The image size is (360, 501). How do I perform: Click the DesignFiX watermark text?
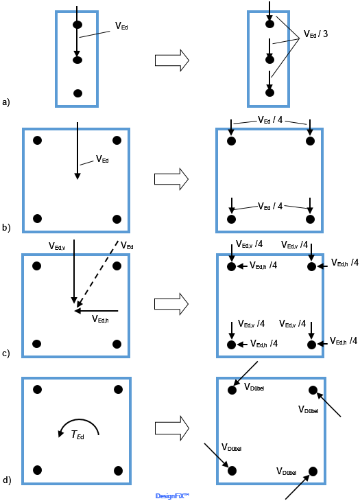172,496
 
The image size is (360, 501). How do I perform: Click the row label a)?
5,102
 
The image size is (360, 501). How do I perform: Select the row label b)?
6,227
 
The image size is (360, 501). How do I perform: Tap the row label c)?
5,353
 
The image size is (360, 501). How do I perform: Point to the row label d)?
6,480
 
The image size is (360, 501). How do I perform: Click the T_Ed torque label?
77,435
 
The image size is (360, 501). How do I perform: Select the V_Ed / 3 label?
315,34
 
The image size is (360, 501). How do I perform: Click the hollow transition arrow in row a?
172,60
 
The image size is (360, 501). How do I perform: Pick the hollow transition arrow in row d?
172,428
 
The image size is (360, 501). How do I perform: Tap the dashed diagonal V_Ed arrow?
97,274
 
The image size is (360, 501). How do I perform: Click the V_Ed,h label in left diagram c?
100,319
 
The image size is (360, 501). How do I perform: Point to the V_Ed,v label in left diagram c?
57,246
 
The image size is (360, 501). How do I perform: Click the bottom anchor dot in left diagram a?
78,93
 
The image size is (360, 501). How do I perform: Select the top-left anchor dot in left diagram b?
37,140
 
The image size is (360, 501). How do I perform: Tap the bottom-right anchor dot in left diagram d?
118,471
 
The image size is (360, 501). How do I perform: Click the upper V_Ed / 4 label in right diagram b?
270,120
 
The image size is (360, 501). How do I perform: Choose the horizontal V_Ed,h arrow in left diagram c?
96,311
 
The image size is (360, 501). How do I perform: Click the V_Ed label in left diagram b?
102,159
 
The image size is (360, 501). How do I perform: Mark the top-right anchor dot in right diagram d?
313,390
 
